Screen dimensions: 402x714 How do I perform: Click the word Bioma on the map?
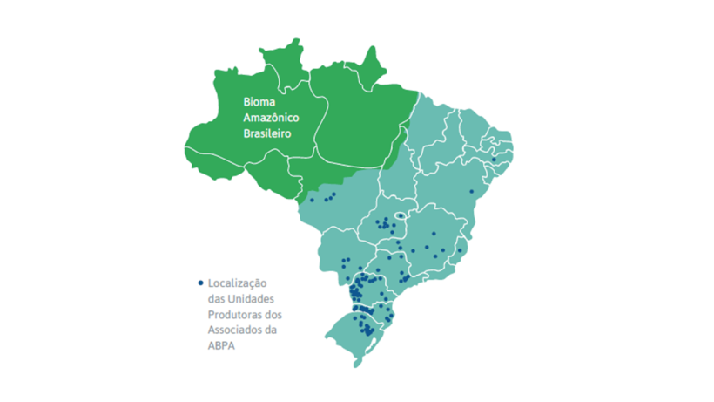coord(259,102)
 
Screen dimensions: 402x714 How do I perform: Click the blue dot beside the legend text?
coord(201,283)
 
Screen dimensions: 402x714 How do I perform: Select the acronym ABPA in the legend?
coord(221,344)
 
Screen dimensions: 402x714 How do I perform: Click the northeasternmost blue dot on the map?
coord(494,160)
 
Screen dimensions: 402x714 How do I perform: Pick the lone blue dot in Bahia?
coord(471,191)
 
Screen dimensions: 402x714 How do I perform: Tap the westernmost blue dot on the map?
coord(311,200)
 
